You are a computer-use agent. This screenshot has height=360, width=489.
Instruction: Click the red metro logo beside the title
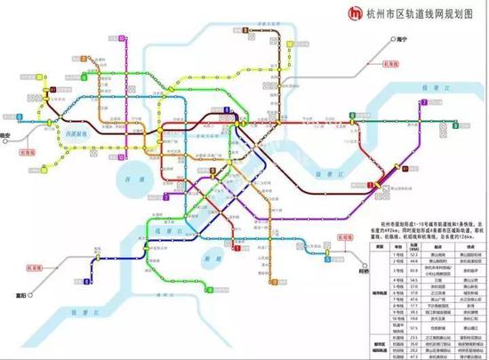point(331,13)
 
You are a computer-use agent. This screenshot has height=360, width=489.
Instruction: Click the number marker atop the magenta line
point(117,40)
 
